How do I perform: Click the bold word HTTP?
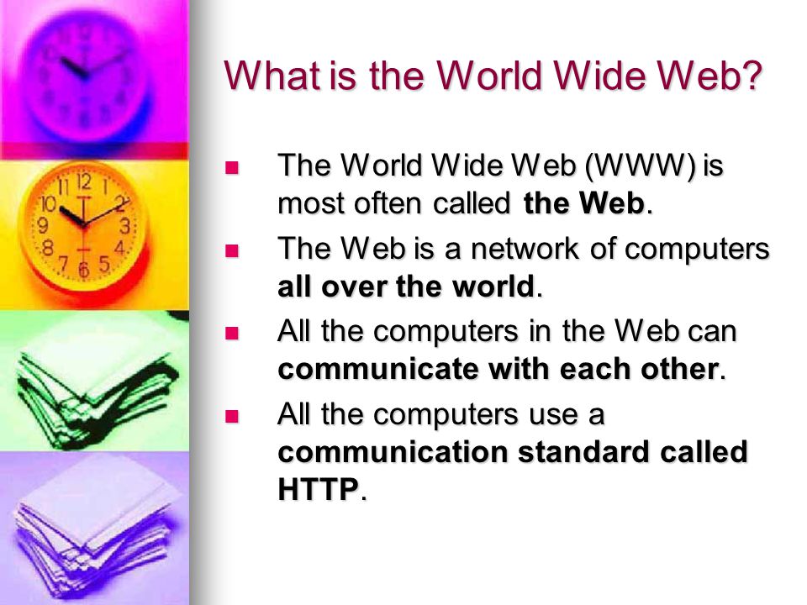coord(318,488)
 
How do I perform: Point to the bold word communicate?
coord(378,369)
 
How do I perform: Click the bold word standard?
coord(583,451)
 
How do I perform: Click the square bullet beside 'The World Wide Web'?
coord(232,168)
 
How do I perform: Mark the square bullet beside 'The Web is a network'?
coord(232,250)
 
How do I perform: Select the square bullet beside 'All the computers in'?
coord(232,334)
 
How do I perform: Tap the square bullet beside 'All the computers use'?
coord(232,416)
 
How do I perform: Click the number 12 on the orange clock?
coord(84,182)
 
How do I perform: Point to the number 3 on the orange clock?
coord(124,226)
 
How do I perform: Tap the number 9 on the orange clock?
coord(44,225)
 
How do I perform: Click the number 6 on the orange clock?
coord(84,269)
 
